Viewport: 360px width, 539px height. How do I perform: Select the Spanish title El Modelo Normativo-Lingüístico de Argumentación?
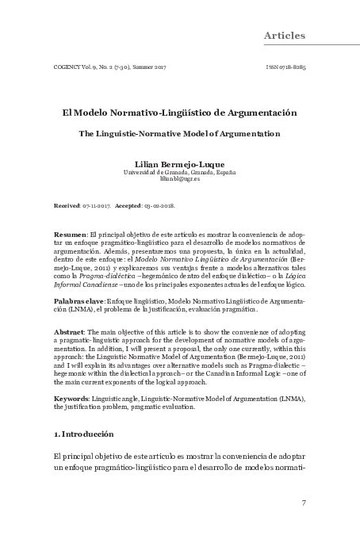pyautogui.click(x=180, y=113)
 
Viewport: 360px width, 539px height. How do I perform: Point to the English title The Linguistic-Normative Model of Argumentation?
pyautogui.click(x=180, y=134)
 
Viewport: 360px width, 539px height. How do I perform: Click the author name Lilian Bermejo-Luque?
pyautogui.click(x=180, y=162)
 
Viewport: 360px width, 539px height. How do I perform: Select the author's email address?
pyautogui.click(x=180, y=180)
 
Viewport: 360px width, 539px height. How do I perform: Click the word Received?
pyautogui.click(x=67, y=204)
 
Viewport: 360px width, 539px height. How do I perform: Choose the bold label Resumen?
pyautogui.click(x=69, y=236)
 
